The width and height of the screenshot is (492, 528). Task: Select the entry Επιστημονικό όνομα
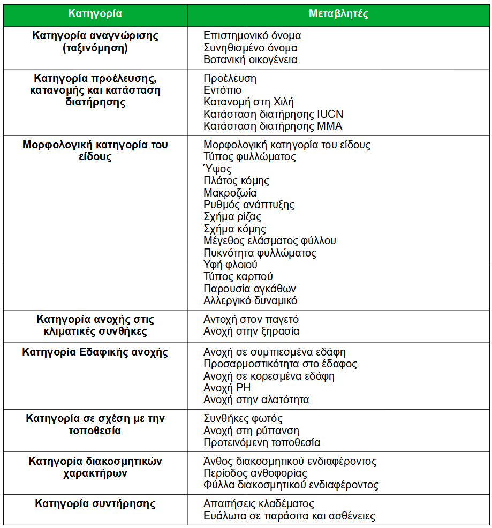click(252, 36)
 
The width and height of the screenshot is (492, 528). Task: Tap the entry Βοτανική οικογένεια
click(250, 59)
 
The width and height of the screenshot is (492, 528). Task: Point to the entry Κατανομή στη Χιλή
click(248, 102)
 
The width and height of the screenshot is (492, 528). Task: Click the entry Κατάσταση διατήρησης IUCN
click(273, 114)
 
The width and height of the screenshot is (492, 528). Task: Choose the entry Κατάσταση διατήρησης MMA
click(273, 126)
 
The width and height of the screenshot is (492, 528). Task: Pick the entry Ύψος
click(217, 169)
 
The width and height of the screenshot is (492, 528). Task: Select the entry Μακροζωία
click(230, 193)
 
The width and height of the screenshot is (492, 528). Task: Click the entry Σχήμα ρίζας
click(232, 217)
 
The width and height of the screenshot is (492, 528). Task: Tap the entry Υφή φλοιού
click(230, 265)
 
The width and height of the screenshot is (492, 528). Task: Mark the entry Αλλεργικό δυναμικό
click(250, 301)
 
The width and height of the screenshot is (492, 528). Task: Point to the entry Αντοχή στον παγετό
click(251, 320)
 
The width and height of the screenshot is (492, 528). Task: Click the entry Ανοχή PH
click(227, 388)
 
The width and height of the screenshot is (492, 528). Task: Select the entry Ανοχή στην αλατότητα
click(256, 399)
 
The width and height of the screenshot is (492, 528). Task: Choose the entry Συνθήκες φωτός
click(243, 419)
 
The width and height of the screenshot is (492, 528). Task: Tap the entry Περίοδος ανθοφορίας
click(255, 473)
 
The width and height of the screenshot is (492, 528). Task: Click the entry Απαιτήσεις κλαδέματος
click(259, 504)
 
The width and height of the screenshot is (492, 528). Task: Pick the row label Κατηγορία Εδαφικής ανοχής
click(95, 352)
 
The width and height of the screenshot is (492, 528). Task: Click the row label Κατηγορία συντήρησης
click(95, 504)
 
